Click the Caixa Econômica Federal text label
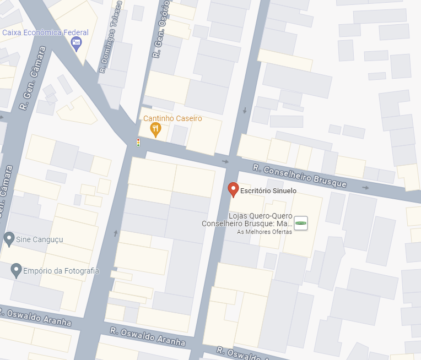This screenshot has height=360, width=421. point(45,32)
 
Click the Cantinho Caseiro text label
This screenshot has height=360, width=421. point(172,118)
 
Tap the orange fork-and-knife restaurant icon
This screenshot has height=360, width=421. point(156,129)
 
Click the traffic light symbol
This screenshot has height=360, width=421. point(138,143)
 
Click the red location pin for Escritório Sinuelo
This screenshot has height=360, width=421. point(233,189)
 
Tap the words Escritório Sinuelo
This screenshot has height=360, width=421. point(268,191)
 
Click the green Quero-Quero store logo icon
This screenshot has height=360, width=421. point(301,223)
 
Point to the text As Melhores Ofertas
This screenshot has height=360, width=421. point(264,232)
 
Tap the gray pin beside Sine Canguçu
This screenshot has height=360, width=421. point(9,238)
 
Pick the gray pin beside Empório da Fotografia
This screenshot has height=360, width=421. point(17,270)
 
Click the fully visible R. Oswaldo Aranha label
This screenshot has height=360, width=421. point(147,336)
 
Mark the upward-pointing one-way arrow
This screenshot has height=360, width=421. point(116,233)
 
